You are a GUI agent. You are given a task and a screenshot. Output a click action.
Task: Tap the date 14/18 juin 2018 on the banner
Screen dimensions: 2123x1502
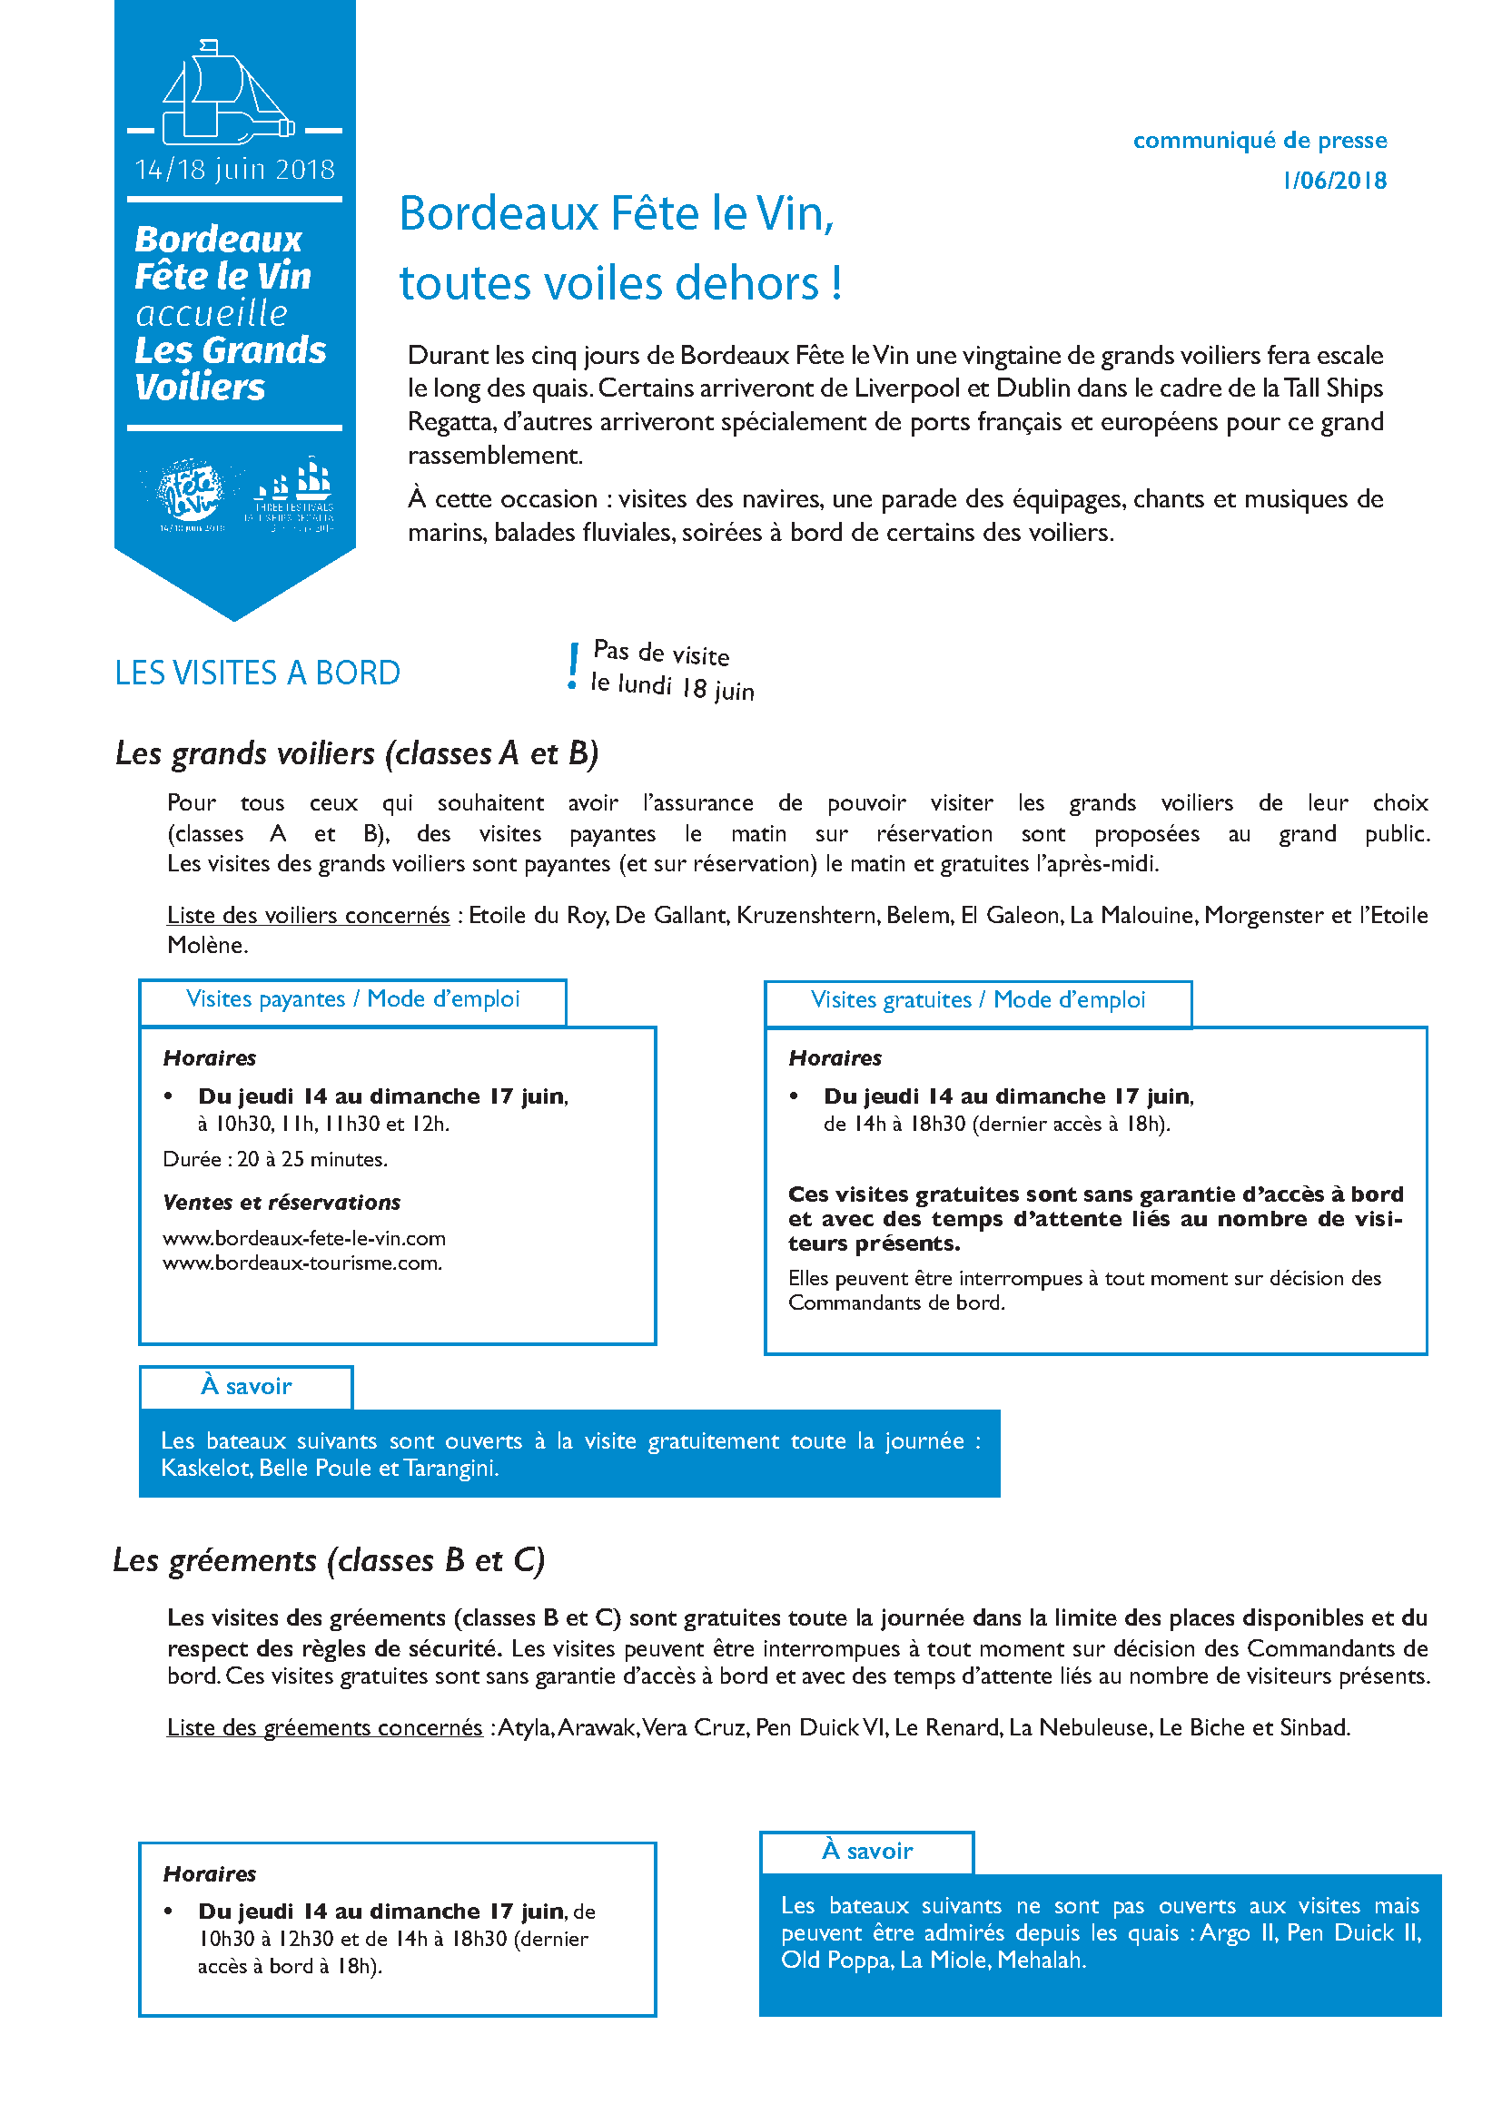click(234, 170)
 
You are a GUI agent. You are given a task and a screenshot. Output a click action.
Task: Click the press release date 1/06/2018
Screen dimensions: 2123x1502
click(1334, 181)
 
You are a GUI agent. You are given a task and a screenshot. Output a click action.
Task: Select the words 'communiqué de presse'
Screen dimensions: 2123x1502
click(1259, 141)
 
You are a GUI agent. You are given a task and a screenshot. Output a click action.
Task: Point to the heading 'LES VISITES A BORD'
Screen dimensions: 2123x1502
click(257, 673)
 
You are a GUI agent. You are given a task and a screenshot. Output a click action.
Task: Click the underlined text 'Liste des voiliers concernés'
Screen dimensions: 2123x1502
click(308, 916)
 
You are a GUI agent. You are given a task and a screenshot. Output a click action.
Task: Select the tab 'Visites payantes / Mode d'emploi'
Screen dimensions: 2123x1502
click(352, 999)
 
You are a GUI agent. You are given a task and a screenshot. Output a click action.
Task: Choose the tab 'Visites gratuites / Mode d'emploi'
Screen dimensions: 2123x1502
click(978, 1000)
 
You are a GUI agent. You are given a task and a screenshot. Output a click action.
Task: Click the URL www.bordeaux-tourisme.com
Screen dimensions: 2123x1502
click(301, 1263)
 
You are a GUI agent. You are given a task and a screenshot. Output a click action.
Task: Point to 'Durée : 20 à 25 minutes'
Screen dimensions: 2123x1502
click(274, 1159)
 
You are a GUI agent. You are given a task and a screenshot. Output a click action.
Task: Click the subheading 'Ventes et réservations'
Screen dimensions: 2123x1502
click(282, 1203)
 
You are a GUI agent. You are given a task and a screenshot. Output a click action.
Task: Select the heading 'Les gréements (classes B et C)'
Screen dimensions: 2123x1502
click(329, 1561)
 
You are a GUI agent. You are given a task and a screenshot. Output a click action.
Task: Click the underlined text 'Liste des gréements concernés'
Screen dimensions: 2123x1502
click(324, 1728)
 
